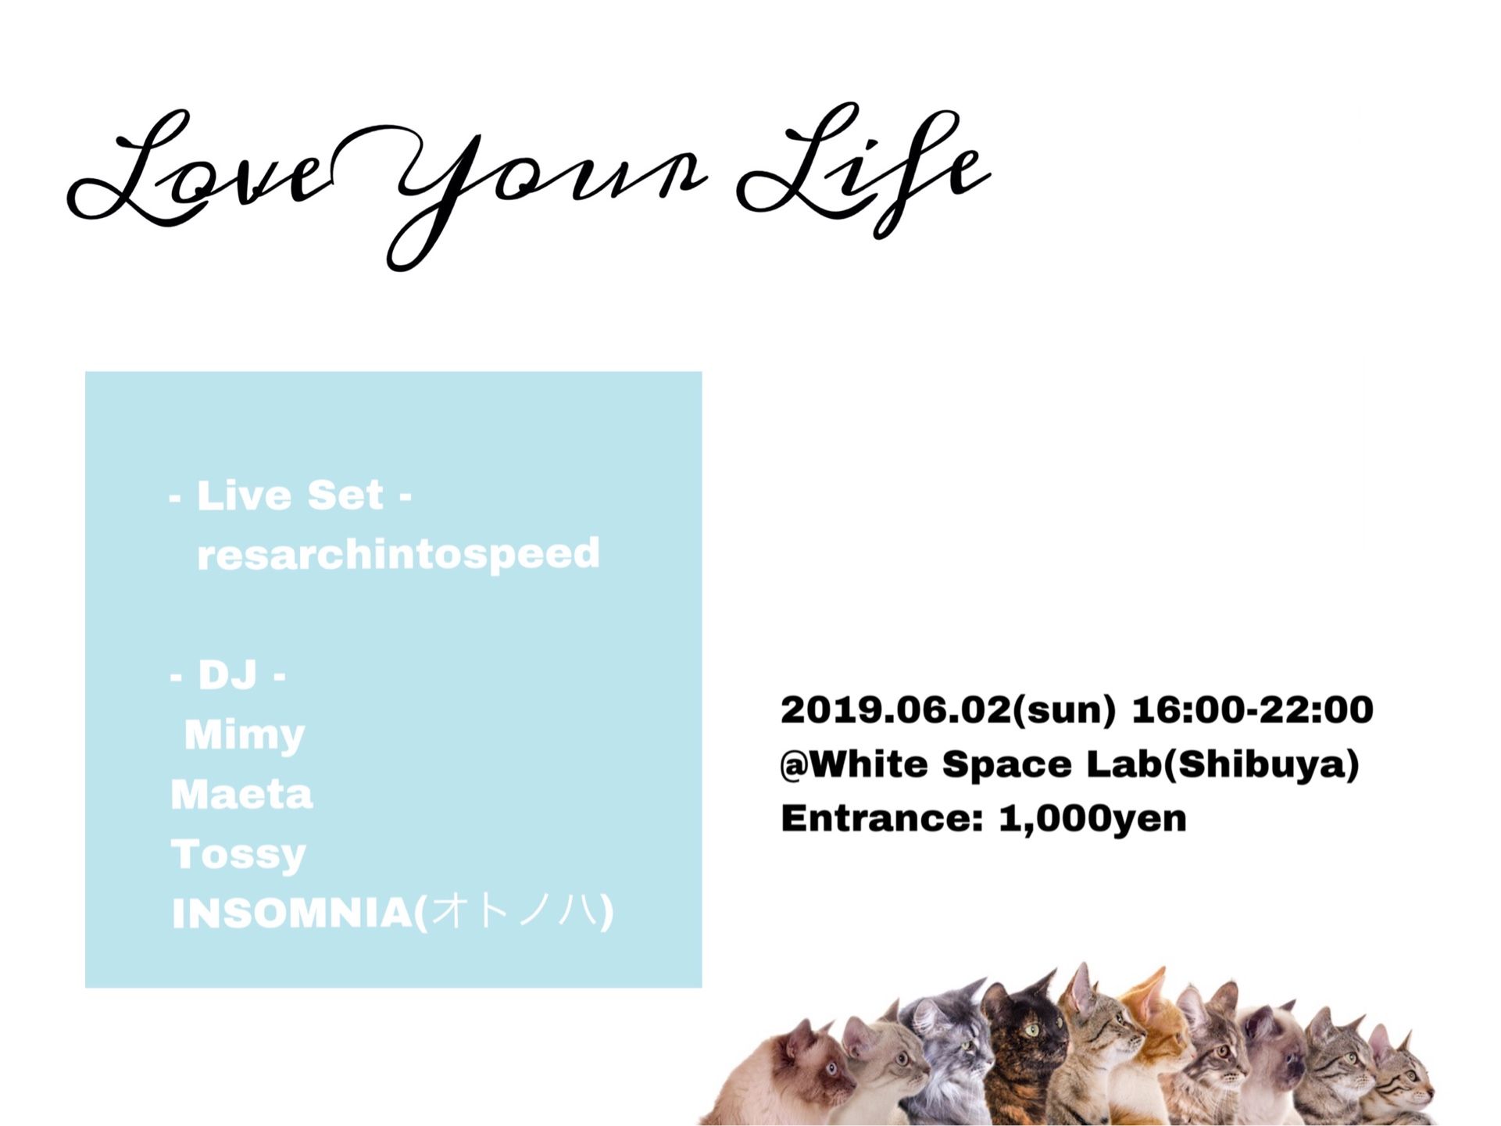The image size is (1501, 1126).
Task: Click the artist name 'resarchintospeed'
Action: coord(398,555)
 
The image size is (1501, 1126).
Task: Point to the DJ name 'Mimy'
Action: coord(245,735)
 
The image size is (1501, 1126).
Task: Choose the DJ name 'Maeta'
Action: coord(241,795)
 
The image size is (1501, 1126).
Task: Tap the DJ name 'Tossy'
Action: coord(238,854)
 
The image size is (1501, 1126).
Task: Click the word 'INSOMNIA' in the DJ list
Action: coord(291,913)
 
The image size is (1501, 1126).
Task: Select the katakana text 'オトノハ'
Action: coord(516,912)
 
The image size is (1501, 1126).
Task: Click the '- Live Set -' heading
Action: coord(290,495)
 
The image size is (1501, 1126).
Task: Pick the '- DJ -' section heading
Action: coord(227,674)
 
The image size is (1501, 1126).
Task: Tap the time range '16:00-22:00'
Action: coord(1252,710)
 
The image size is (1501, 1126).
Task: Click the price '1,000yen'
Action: coord(1092,819)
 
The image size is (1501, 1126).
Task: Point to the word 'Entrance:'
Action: coord(881,819)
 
